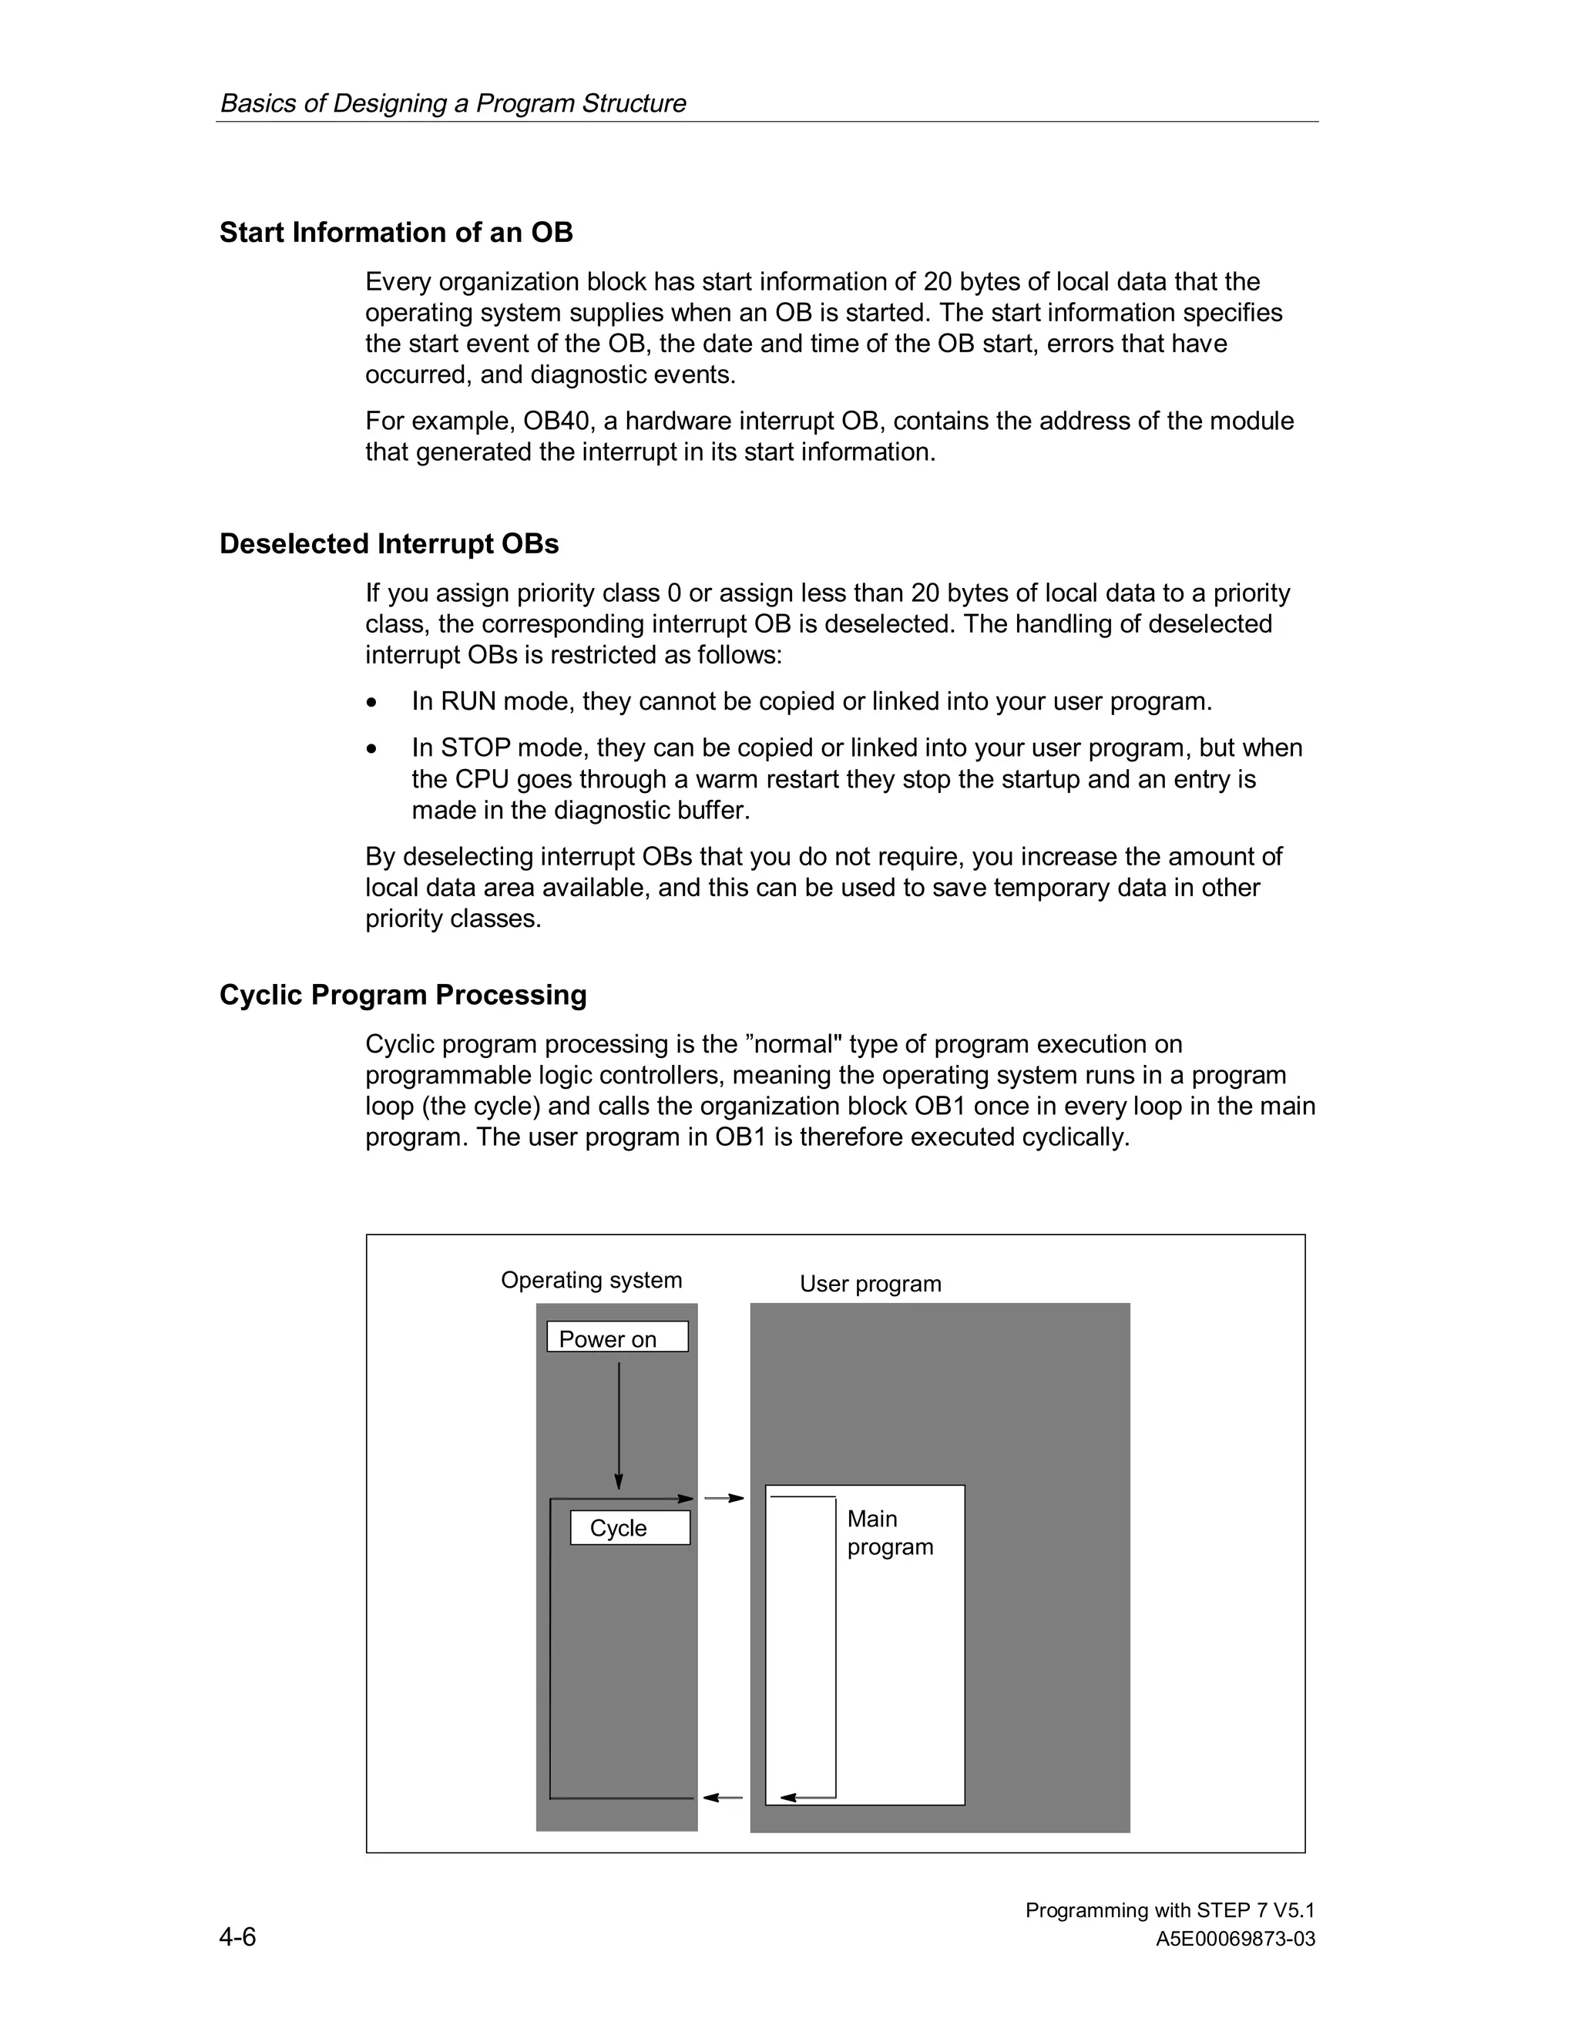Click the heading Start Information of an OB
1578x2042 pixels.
click(395, 232)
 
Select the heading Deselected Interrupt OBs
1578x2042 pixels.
click(389, 543)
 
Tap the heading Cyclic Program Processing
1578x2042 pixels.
click(403, 994)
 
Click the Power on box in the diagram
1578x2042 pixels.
click(617, 1337)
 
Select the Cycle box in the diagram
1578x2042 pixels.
click(630, 1528)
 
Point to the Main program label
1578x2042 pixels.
click(889, 1533)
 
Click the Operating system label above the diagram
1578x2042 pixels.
click(591, 1280)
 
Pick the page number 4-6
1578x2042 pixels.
click(237, 1936)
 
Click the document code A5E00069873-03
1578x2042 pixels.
click(1235, 1940)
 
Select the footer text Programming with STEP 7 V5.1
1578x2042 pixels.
click(1170, 1910)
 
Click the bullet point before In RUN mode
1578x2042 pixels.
click(373, 702)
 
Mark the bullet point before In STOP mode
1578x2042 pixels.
click(373, 749)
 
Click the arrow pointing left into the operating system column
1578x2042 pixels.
click(723, 1797)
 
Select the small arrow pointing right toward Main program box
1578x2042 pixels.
click(724, 1499)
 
